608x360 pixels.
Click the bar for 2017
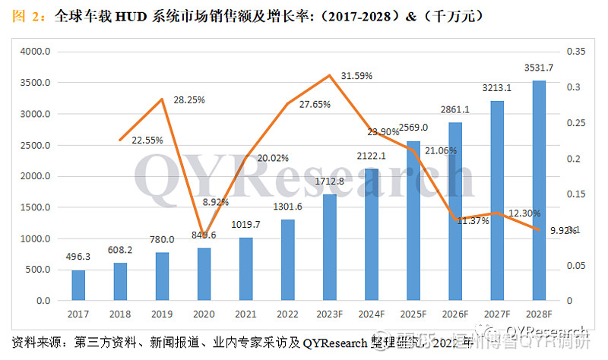tap(78, 285)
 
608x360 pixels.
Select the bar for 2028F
tap(539, 191)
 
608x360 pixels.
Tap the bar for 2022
tap(288, 260)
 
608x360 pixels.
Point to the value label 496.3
tap(78, 257)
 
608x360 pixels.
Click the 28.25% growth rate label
tap(188, 99)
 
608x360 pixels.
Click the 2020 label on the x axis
tap(204, 313)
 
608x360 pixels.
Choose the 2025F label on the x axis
tap(413, 313)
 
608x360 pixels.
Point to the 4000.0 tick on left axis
tap(36, 51)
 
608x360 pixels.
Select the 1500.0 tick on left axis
tap(36, 207)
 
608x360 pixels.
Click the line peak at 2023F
tap(329, 75)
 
